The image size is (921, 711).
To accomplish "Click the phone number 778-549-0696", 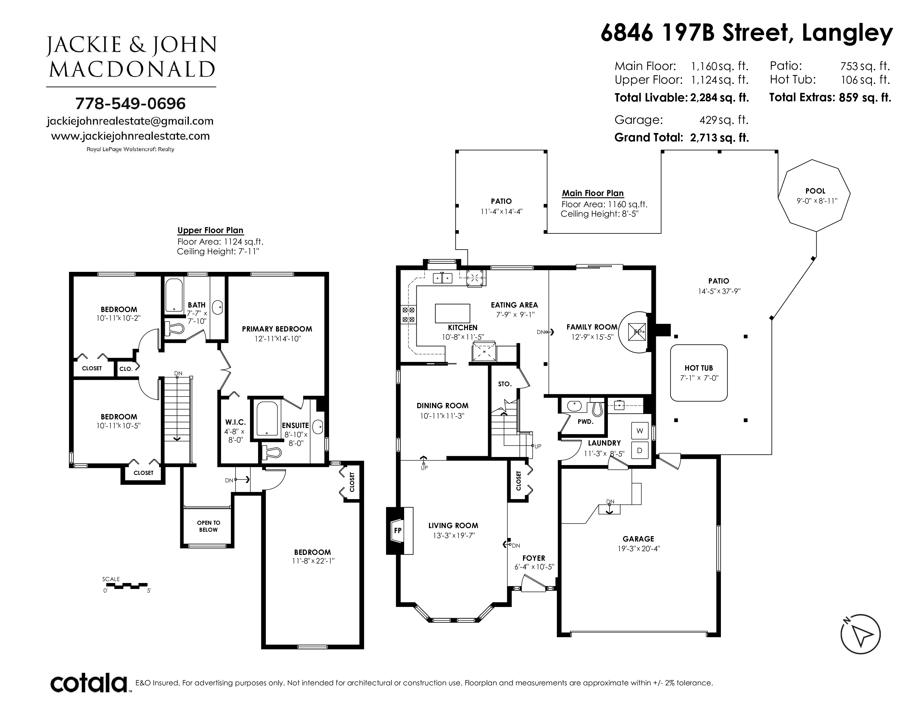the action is [x=130, y=103].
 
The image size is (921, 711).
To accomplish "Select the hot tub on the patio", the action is [x=699, y=373].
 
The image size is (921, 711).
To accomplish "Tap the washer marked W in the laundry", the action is [x=640, y=431].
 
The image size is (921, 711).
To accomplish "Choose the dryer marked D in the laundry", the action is [x=640, y=450].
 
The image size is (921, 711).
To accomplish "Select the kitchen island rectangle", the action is [x=452, y=313].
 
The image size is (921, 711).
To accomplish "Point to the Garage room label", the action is [x=638, y=539].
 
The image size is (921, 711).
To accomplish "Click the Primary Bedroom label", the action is [x=277, y=329].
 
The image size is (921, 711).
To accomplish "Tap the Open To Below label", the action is [x=208, y=526].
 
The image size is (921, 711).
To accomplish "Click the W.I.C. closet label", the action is [x=235, y=422].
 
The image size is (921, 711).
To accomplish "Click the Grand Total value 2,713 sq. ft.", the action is [x=719, y=138].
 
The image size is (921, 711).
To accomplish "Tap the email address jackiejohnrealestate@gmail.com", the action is [x=130, y=121].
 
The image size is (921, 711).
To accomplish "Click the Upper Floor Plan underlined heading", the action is [x=210, y=230].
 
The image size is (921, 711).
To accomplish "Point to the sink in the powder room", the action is [x=574, y=406].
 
